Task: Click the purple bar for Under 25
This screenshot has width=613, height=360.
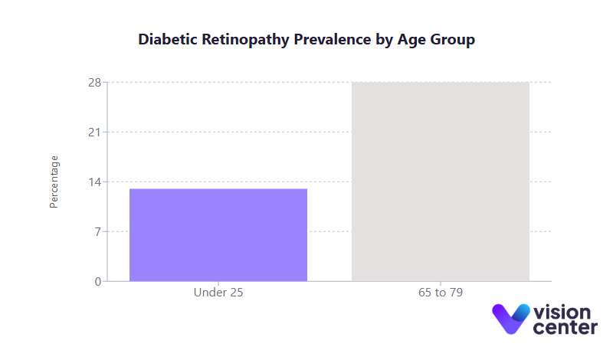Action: (218, 235)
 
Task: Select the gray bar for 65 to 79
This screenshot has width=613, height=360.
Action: (441, 182)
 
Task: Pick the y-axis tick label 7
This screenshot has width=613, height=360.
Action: (97, 232)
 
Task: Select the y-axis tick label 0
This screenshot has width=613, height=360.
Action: (97, 282)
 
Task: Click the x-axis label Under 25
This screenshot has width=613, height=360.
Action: (218, 293)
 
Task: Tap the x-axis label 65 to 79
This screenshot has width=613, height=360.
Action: (441, 293)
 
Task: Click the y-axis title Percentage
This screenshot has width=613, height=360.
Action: (54, 182)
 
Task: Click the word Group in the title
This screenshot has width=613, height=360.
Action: (453, 40)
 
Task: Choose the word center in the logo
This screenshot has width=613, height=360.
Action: (565, 328)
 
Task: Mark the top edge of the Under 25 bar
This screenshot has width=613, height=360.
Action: (218, 189)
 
